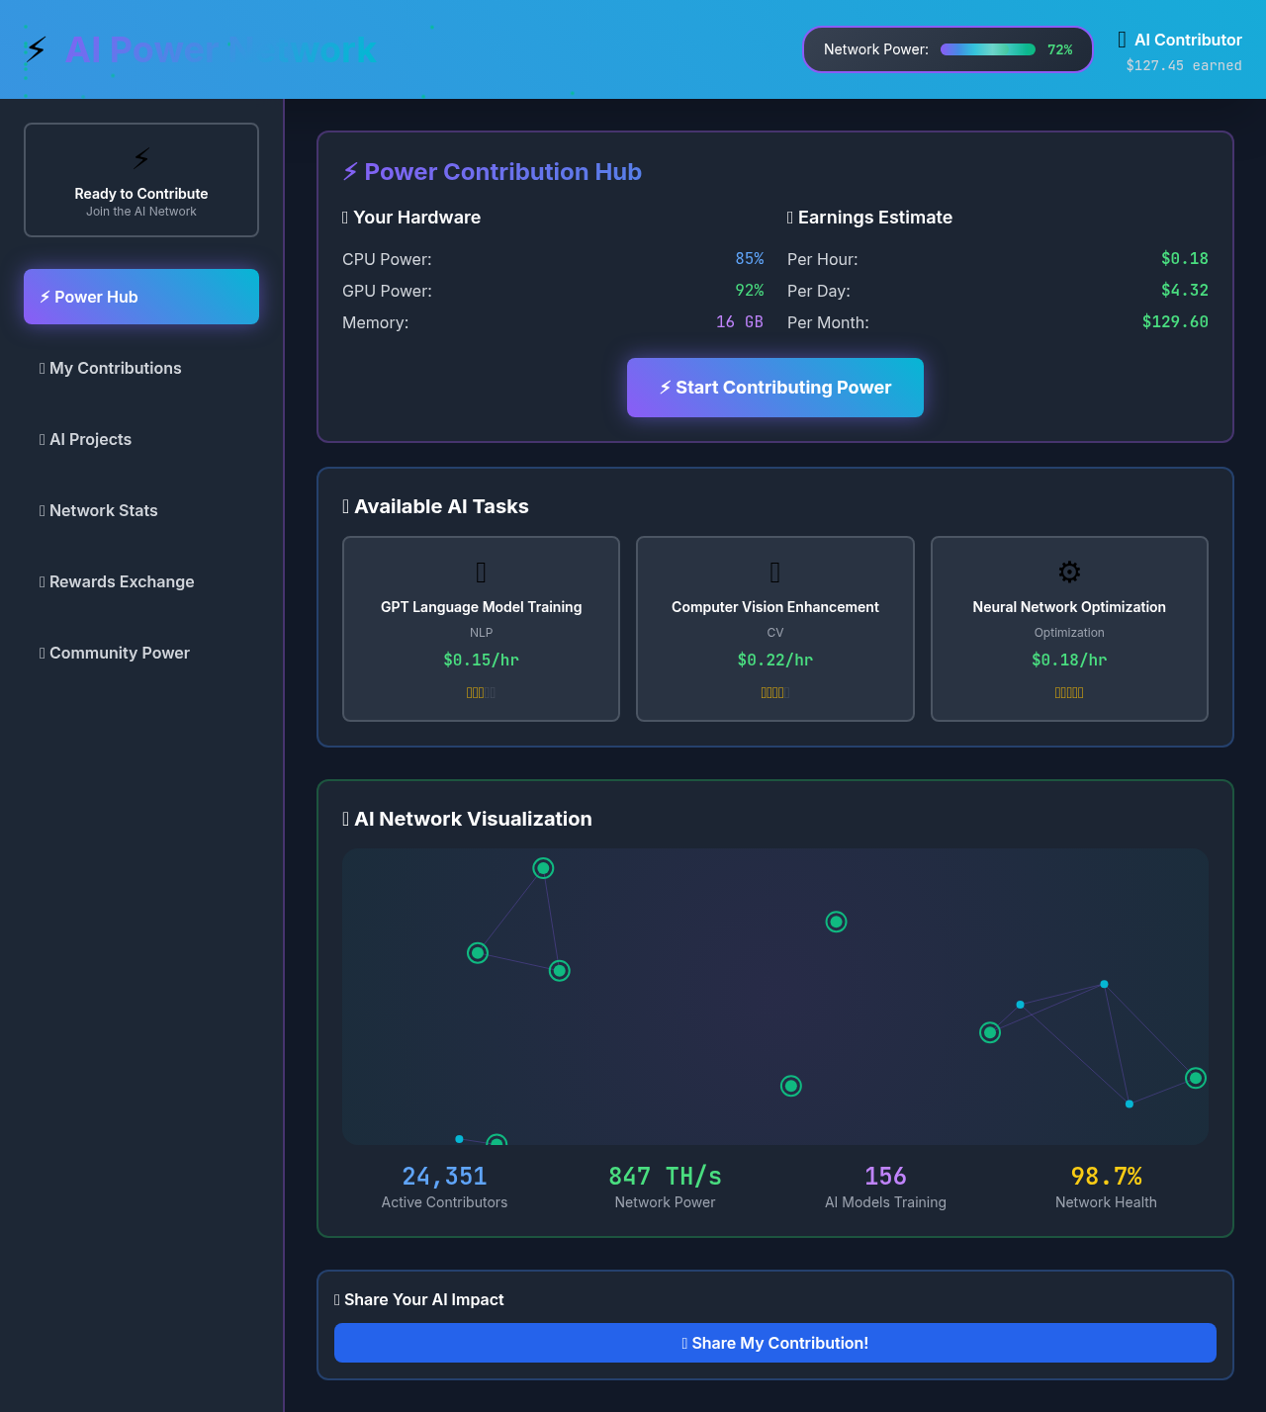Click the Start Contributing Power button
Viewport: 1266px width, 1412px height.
pyautogui.click(x=774, y=388)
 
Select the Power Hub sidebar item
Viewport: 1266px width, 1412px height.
pyautogui.click(x=141, y=297)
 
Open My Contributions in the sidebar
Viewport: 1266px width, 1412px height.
pyautogui.click(x=116, y=368)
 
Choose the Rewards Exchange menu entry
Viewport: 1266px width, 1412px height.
pyautogui.click(x=122, y=581)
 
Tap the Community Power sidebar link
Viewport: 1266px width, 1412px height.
pyautogui.click(x=120, y=653)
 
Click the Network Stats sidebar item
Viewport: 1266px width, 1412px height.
pyautogui.click(x=104, y=510)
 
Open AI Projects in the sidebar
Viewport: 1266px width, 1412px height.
pyautogui.click(x=91, y=439)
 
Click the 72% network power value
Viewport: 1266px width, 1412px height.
pyautogui.click(x=1059, y=49)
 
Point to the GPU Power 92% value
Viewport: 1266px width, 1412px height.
pyautogui.click(x=749, y=291)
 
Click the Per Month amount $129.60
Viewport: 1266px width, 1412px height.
pyautogui.click(x=1174, y=322)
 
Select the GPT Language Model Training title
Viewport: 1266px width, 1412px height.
pyautogui.click(x=481, y=607)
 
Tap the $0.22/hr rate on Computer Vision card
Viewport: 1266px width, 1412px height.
pyautogui.click(x=774, y=660)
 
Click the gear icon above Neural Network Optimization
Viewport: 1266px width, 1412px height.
pyautogui.click(x=1068, y=572)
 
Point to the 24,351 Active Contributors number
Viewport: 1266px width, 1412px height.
pyautogui.click(x=444, y=1176)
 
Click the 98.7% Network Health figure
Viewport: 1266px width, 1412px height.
pyautogui.click(x=1105, y=1176)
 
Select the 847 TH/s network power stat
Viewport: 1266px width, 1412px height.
pyautogui.click(x=665, y=1176)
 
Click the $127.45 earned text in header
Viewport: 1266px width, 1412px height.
pyautogui.click(x=1183, y=65)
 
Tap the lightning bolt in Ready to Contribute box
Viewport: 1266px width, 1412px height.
pyautogui.click(x=141, y=158)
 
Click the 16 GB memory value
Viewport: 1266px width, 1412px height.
pyautogui.click(x=739, y=322)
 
